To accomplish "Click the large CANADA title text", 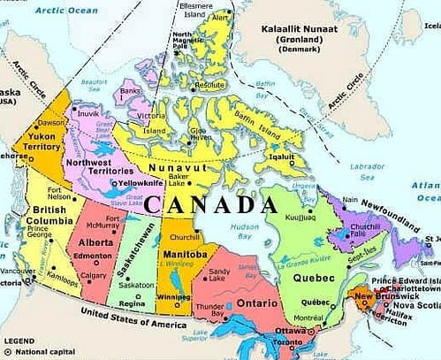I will [210, 204].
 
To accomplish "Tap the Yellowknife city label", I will [133, 183].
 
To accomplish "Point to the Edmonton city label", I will [94, 256].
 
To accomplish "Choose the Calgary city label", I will [94, 274].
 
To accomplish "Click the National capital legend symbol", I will [7, 351].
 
